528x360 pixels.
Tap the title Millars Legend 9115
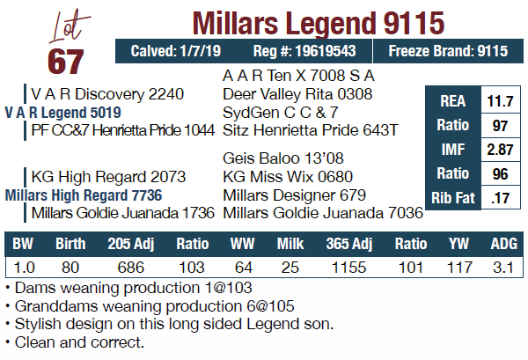(318, 20)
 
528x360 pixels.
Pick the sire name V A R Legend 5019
(62, 113)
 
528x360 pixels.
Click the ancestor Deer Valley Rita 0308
(297, 94)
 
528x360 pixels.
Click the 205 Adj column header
(130, 243)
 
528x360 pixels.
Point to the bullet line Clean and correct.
(77, 342)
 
